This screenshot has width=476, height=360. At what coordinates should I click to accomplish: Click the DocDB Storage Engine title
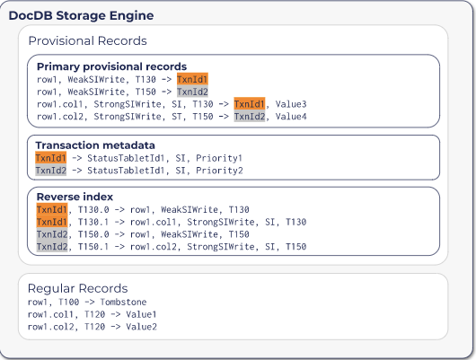click(81, 15)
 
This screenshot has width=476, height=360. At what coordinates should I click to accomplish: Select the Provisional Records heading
click(87, 40)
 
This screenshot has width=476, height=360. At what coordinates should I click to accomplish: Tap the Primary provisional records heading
click(111, 66)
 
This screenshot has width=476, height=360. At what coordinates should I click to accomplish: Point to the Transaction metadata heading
click(95, 145)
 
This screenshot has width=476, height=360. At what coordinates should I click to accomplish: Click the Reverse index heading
click(75, 197)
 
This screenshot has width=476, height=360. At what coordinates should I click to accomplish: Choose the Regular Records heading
click(78, 288)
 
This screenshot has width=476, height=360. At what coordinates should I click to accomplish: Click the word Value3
click(291, 104)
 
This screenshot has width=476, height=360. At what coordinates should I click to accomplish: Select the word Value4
click(291, 116)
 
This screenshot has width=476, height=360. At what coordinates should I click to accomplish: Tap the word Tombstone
click(123, 302)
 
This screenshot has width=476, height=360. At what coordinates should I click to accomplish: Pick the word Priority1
click(219, 158)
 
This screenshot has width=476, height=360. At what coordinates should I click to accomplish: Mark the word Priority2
click(219, 171)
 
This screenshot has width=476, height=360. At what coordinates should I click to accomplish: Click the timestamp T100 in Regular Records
click(69, 302)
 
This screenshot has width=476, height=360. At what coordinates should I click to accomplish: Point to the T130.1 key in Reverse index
click(93, 222)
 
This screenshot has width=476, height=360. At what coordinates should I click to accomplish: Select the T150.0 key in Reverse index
click(93, 234)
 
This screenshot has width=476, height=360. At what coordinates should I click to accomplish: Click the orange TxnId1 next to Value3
click(250, 104)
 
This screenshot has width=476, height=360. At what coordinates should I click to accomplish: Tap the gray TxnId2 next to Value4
click(250, 116)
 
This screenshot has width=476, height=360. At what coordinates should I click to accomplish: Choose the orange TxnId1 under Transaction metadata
click(50, 158)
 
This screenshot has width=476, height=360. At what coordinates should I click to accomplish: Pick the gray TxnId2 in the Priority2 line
click(50, 171)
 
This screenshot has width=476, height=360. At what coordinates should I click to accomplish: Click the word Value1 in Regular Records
click(141, 314)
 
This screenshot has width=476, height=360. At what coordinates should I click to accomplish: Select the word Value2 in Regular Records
click(141, 327)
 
